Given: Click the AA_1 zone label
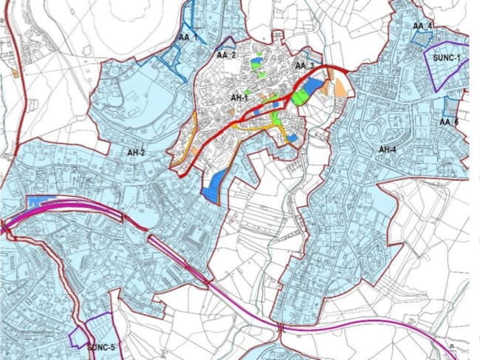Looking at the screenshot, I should tap(188, 38).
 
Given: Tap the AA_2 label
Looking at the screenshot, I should tap(226, 55).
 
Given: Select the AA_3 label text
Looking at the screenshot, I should tap(305, 67).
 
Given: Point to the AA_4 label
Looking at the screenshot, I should tap(422, 27).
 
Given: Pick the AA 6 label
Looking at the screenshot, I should tap(449, 122).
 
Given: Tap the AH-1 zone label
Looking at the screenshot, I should tap(239, 98).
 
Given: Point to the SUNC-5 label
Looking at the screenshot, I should tap(102, 347).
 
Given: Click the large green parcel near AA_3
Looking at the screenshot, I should tap(300, 96).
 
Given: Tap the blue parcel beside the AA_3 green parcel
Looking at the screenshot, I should tap(313, 87).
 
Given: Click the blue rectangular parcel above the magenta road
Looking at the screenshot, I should tap(44, 201).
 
